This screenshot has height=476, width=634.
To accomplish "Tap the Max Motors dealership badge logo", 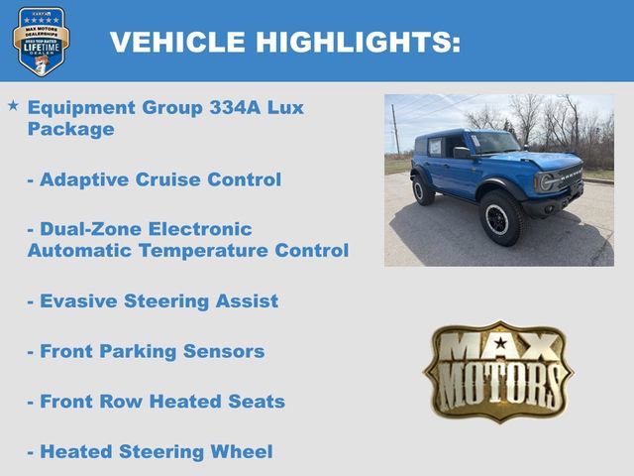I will click(41, 42).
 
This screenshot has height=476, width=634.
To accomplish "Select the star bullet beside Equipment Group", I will click(13, 104).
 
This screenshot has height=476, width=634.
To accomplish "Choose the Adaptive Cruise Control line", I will click(154, 179).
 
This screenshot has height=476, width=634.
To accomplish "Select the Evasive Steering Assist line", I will click(153, 300).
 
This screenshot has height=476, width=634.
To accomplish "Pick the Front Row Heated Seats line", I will click(156, 402).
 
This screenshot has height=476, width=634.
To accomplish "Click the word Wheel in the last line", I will click(242, 451).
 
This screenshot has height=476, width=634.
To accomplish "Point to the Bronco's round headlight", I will click(545, 181).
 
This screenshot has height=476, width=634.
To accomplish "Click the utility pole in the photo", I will click(395, 129).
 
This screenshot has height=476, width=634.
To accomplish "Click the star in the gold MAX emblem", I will click(500, 344).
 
